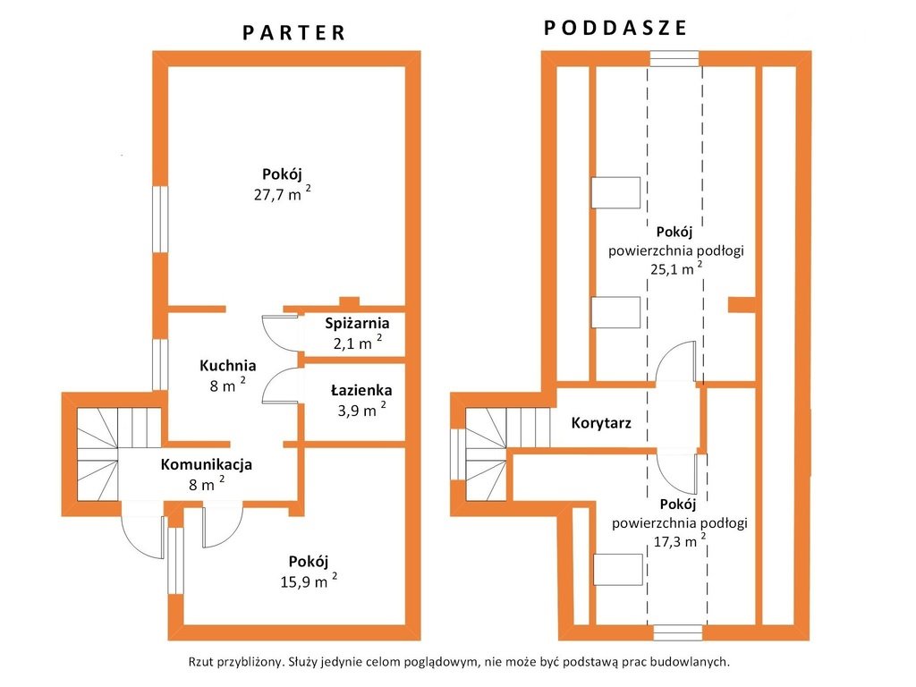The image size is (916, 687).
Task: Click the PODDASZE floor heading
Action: (615, 28)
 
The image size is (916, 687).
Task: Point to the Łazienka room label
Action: (360, 390)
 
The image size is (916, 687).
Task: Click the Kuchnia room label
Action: (227, 365)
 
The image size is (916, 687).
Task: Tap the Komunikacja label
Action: (206, 464)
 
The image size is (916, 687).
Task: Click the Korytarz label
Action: (601, 423)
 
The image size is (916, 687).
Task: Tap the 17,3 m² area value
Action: (677, 540)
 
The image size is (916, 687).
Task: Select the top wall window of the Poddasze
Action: (674, 59)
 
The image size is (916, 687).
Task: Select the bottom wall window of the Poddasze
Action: (677, 632)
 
